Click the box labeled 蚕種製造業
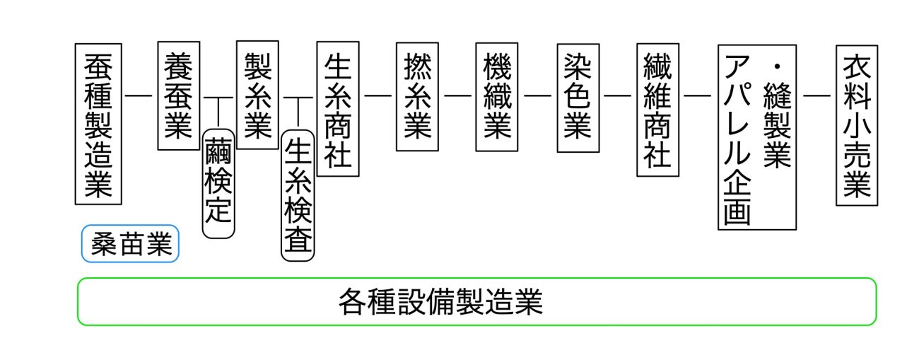[98, 124]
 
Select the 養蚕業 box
[178, 95]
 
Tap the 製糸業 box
[258, 95]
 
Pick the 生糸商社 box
[338, 109]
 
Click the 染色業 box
[578, 97]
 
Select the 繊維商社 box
[657, 109]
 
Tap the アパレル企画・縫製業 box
[756, 137]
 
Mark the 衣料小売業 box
[856, 125]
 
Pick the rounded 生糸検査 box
[298, 195]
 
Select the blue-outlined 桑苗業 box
[130, 244]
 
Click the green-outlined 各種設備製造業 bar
[476, 302]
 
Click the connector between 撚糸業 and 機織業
[457, 95]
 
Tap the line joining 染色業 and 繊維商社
[618, 95]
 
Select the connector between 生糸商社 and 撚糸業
[377, 95]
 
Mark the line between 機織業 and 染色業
[537, 95]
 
